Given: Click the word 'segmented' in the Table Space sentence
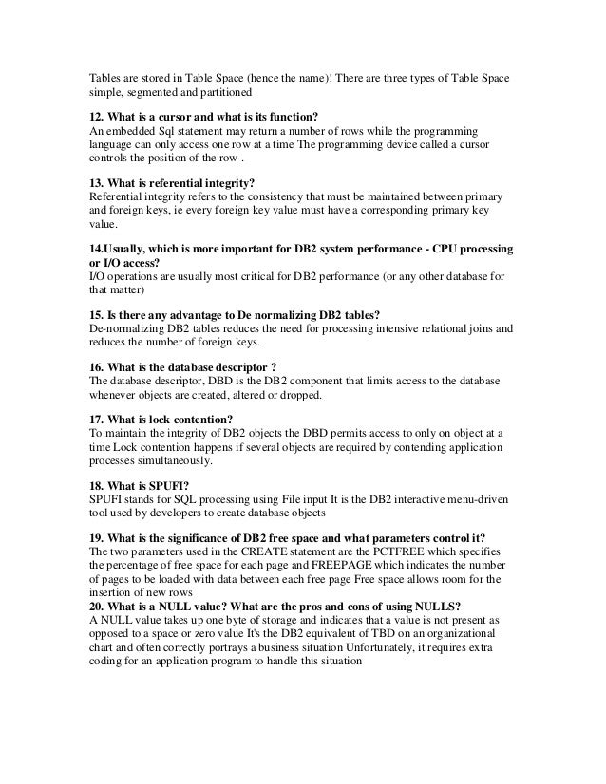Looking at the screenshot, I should (157, 94).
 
